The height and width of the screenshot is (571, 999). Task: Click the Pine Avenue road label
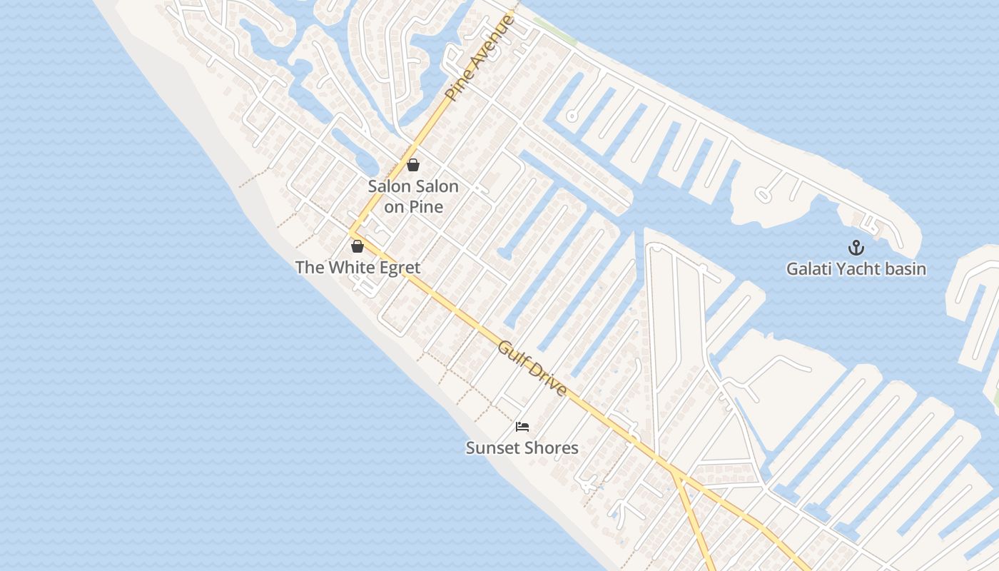479,57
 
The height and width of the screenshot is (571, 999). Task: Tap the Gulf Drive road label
532,368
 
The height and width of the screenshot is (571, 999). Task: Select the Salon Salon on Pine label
413,196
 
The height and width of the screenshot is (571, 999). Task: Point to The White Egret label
357,268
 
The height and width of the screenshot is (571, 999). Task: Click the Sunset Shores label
522,448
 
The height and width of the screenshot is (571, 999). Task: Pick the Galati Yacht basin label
856,269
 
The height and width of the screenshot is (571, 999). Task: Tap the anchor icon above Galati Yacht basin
856,248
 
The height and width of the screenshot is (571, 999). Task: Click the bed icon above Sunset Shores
522,427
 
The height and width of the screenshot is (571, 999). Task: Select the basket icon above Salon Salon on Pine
412,166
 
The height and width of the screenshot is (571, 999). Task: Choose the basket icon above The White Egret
357,246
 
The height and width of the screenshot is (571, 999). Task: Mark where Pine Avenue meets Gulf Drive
351,232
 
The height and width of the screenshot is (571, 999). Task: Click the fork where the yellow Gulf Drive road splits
675,473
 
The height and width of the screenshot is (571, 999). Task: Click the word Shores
551,448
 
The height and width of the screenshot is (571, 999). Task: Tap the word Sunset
492,448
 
